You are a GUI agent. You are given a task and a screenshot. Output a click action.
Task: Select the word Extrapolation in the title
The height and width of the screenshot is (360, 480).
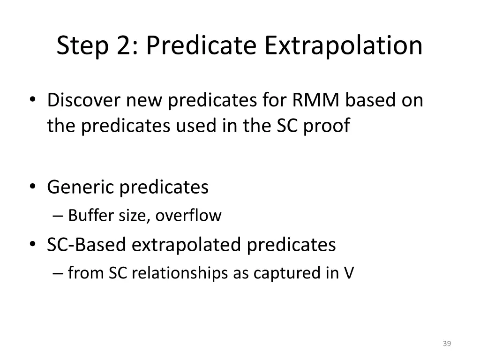343,46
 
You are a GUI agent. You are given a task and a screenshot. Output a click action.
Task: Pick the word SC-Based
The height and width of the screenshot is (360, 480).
86,245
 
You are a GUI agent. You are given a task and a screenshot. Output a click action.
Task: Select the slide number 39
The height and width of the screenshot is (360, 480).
446,344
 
